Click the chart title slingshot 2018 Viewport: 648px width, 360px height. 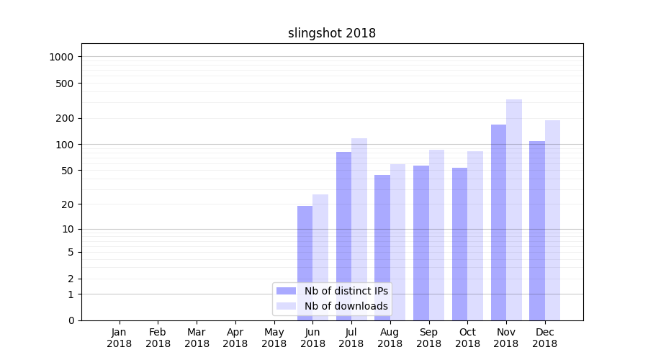point(332,33)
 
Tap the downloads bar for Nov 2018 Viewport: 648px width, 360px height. point(514,210)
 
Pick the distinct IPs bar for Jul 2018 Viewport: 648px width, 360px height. point(343,235)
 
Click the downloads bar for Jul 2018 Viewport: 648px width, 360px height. point(359,229)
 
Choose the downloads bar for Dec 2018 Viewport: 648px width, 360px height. point(552,220)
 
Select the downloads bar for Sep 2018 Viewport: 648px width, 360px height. point(436,235)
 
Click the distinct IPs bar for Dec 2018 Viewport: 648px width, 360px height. point(537,230)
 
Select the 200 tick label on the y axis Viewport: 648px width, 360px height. point(66,118)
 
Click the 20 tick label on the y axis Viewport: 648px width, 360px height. point(68,204)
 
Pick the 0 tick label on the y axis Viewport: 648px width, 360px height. point(71,320)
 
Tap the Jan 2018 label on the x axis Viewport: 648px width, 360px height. point(120,338)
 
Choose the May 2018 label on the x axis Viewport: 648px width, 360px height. point(274,338)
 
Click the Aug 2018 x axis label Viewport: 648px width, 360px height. point(390,338)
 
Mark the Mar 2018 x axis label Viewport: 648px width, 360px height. point(197,338)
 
